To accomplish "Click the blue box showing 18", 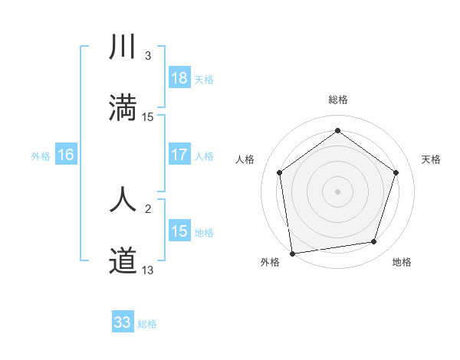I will coord(179,78).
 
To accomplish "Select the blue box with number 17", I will coord(179,155).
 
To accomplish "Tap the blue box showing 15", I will coord(179,231).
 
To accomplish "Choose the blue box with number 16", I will coord(66,155).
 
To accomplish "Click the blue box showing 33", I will coord(123,322).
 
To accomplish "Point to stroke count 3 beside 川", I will coord(148,56).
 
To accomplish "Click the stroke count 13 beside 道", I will coord(148,270).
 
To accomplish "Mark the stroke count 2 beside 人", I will coord(148,208).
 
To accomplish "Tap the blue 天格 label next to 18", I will coord(203,79).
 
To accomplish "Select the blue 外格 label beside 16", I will coord(41,155).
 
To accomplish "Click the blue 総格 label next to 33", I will coord(147,323).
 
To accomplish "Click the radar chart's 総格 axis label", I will coord(337,100).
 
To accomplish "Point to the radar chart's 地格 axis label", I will coord(402,263).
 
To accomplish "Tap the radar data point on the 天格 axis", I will coord(396,172).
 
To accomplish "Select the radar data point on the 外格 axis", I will coord(292,253).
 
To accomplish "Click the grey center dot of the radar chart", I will coord(337,191).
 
